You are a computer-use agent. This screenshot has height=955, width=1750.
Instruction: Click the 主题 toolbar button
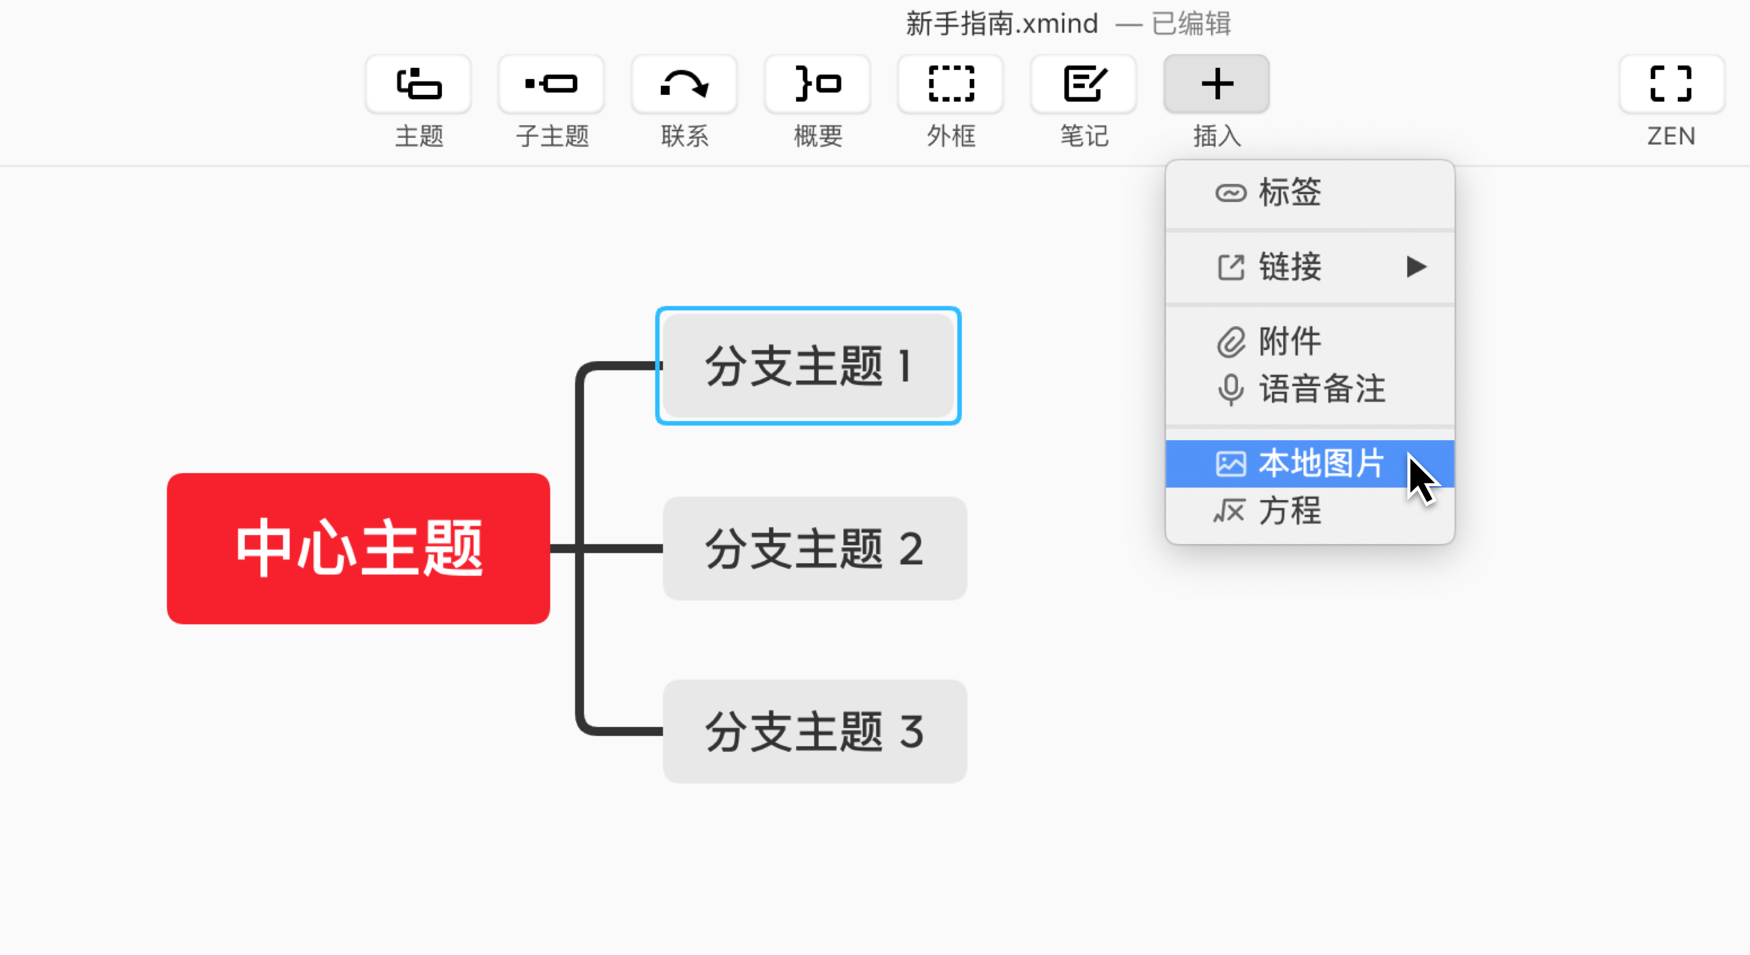point(419,84)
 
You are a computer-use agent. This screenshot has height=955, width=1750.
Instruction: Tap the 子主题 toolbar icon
point(551,84)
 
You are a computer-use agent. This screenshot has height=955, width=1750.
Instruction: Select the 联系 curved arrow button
point(684,84)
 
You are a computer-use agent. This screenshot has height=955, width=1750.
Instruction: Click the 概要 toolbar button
point(817,84)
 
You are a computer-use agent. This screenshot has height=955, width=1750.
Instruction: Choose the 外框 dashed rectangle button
point(950,84)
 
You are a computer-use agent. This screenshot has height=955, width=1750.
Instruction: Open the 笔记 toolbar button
point(1084,84)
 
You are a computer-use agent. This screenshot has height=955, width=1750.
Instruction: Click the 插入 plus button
point(1216,84)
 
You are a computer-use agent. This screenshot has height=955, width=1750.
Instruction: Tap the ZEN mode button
point(1671,84)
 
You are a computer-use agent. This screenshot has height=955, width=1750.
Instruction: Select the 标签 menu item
point(1289,192)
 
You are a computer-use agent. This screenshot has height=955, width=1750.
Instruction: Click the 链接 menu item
point(1289,266)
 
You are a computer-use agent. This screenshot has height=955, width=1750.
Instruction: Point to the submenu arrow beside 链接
point(1417,266)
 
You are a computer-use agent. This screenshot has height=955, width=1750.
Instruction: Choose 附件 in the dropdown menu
point(1289,341)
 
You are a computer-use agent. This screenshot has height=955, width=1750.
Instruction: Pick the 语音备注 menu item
point(1320,389)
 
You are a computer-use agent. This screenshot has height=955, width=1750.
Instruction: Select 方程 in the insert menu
point(1289,511)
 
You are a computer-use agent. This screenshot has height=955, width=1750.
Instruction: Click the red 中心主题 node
point(358,548)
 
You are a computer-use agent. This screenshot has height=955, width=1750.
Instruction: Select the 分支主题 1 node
point(808,365)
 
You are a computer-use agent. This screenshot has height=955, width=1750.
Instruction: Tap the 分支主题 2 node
point(814,548)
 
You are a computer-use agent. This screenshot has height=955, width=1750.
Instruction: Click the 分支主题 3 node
point(814,732)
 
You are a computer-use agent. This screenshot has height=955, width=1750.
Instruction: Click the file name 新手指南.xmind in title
point(1002,24)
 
